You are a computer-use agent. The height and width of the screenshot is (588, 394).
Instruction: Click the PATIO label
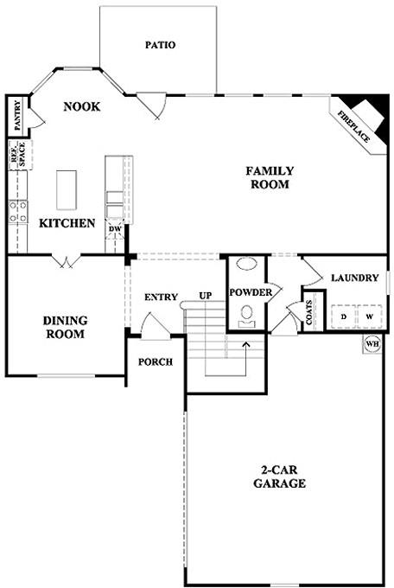tap(160, 45)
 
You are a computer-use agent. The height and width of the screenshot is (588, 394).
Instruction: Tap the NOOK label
tap(82, 106)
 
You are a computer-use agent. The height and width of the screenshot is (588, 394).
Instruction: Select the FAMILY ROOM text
tap(270, 177)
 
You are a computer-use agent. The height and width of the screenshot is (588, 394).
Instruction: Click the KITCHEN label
tap(67, 223)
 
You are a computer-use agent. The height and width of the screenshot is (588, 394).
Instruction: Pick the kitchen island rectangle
tap(67, 189)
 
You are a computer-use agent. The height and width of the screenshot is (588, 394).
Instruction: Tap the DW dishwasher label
tap(115, 229)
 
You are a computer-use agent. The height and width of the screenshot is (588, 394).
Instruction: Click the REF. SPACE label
tap(15, 154)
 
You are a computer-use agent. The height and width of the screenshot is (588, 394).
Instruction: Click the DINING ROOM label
tap(64, 328)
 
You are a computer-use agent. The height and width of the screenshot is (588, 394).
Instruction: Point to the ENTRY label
tap(161, 297)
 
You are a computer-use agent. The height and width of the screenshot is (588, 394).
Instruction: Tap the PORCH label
tap(156, 361)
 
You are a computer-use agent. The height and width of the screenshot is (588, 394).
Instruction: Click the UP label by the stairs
tap(206, 297)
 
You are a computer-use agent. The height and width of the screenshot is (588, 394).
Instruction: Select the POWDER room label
tap(251, 292)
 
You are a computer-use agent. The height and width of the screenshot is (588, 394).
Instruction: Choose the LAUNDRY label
tap(354, 278)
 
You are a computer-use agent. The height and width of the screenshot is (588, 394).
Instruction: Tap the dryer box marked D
tap(344, 316)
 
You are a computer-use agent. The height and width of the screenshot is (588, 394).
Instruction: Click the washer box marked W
tap(370, 316)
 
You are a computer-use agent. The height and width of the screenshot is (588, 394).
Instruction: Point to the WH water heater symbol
tap(372, 344)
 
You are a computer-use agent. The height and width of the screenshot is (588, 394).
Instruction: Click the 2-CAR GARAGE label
tap(279, 477)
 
